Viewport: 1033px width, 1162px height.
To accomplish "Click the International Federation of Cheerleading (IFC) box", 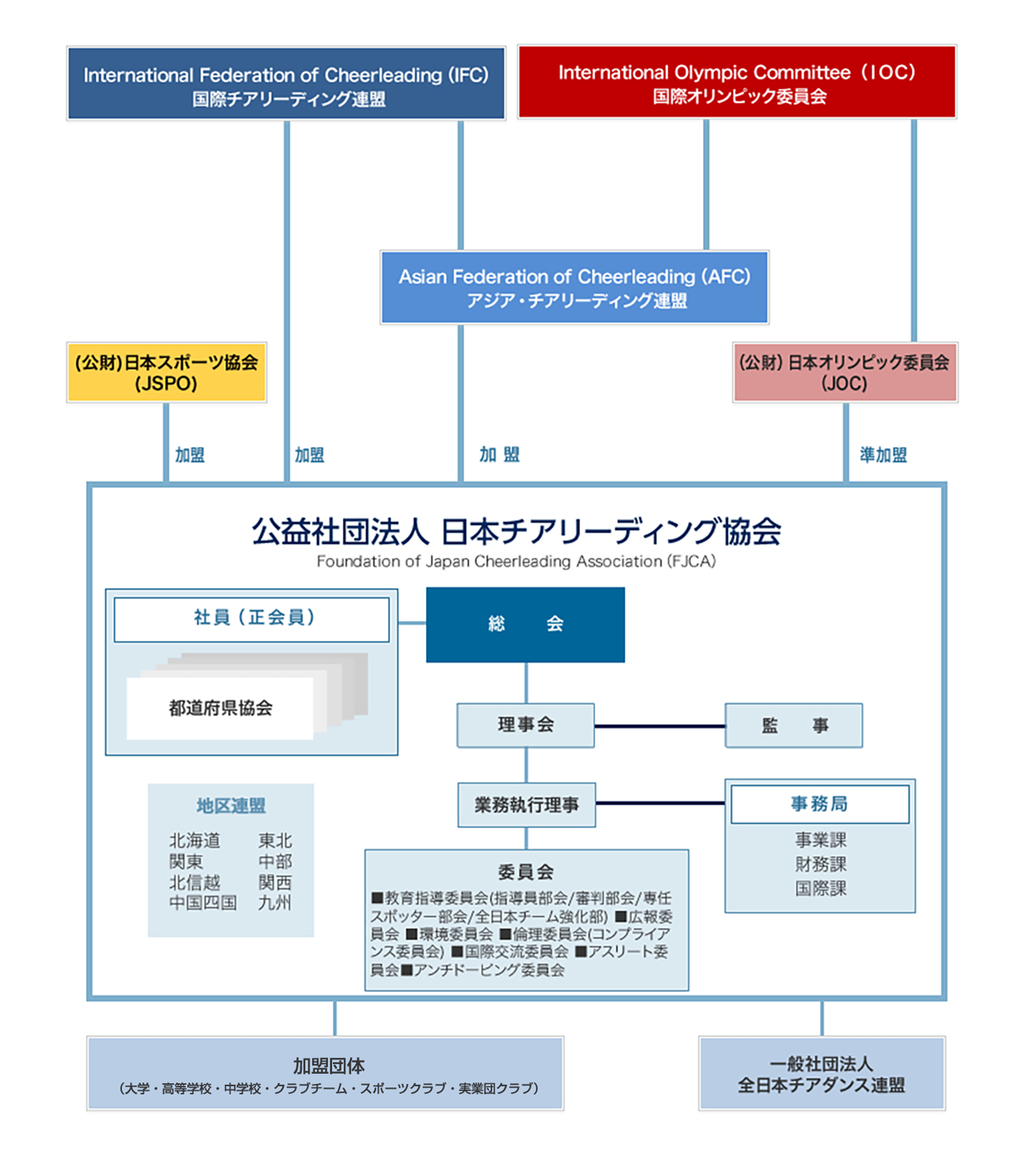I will click(x=286, y=83).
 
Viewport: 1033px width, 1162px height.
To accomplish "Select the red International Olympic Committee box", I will click(x=737, y=82).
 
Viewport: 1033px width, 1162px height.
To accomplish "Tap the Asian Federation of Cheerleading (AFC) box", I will click(x=574, y=288).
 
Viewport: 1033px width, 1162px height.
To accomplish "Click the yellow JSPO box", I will click(x=166, y=373).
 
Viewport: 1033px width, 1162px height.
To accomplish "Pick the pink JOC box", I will click(x=845, y=373).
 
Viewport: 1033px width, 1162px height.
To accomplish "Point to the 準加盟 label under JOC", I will click(x=883, y=455).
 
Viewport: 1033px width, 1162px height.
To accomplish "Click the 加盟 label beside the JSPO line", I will click(x=190, y=455).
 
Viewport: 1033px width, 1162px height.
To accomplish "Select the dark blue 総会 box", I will click(x=525, y=625).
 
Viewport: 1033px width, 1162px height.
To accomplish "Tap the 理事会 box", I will click(x=525, y=725).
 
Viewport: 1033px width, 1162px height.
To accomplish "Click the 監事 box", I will click(x=793, y=725).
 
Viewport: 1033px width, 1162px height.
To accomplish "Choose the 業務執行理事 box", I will click(x=526, y=805).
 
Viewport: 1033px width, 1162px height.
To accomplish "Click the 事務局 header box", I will click(x=819, y=804).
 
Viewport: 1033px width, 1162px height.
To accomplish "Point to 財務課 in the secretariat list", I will click(x=820, y=864).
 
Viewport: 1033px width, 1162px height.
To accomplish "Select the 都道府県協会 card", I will click(x=220, y=708).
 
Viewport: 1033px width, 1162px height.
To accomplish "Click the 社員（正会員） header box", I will click(x=252, y=618).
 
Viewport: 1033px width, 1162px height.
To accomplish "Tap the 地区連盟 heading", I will click(x=230, y=806).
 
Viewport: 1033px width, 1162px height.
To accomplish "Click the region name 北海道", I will click(x=195, y=841).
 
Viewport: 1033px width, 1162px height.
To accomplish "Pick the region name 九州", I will click(x=275, y=903).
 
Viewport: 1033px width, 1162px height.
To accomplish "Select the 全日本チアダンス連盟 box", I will click(x=822, y=1074).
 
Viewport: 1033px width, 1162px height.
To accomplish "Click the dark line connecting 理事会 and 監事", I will click(x=660, y=726).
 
